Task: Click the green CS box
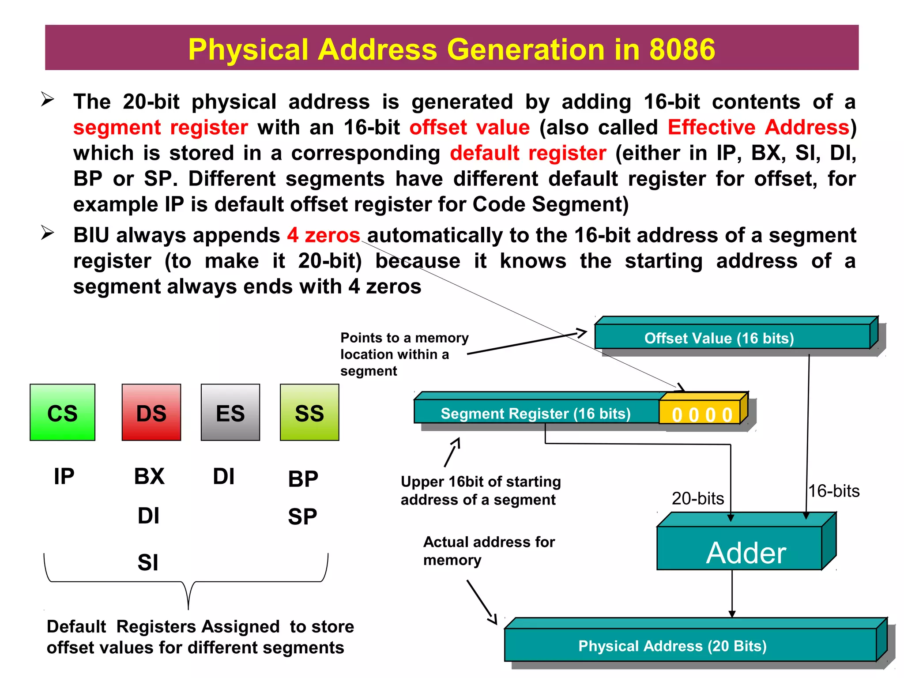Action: click(x=62, y=412)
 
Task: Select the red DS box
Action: click(x=151, y=412)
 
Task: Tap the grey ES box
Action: click(x=230, y=412)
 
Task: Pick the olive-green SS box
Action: click(x=309, y=412)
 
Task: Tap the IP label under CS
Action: click(x=64, y=477)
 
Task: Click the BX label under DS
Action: click(x=149, y=477)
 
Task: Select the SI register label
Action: click(x=148, y=562)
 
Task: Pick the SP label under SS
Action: click(x=303, y=516)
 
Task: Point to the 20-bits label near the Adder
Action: click(x=697, y=498)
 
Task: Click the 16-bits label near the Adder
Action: click(x=834, y=491)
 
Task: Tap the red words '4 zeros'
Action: click(x=324, y=235)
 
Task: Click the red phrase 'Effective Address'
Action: click(x=758, y=128)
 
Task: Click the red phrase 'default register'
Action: click(x=528, y=153)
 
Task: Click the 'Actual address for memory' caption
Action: click(x=489, y=550)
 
